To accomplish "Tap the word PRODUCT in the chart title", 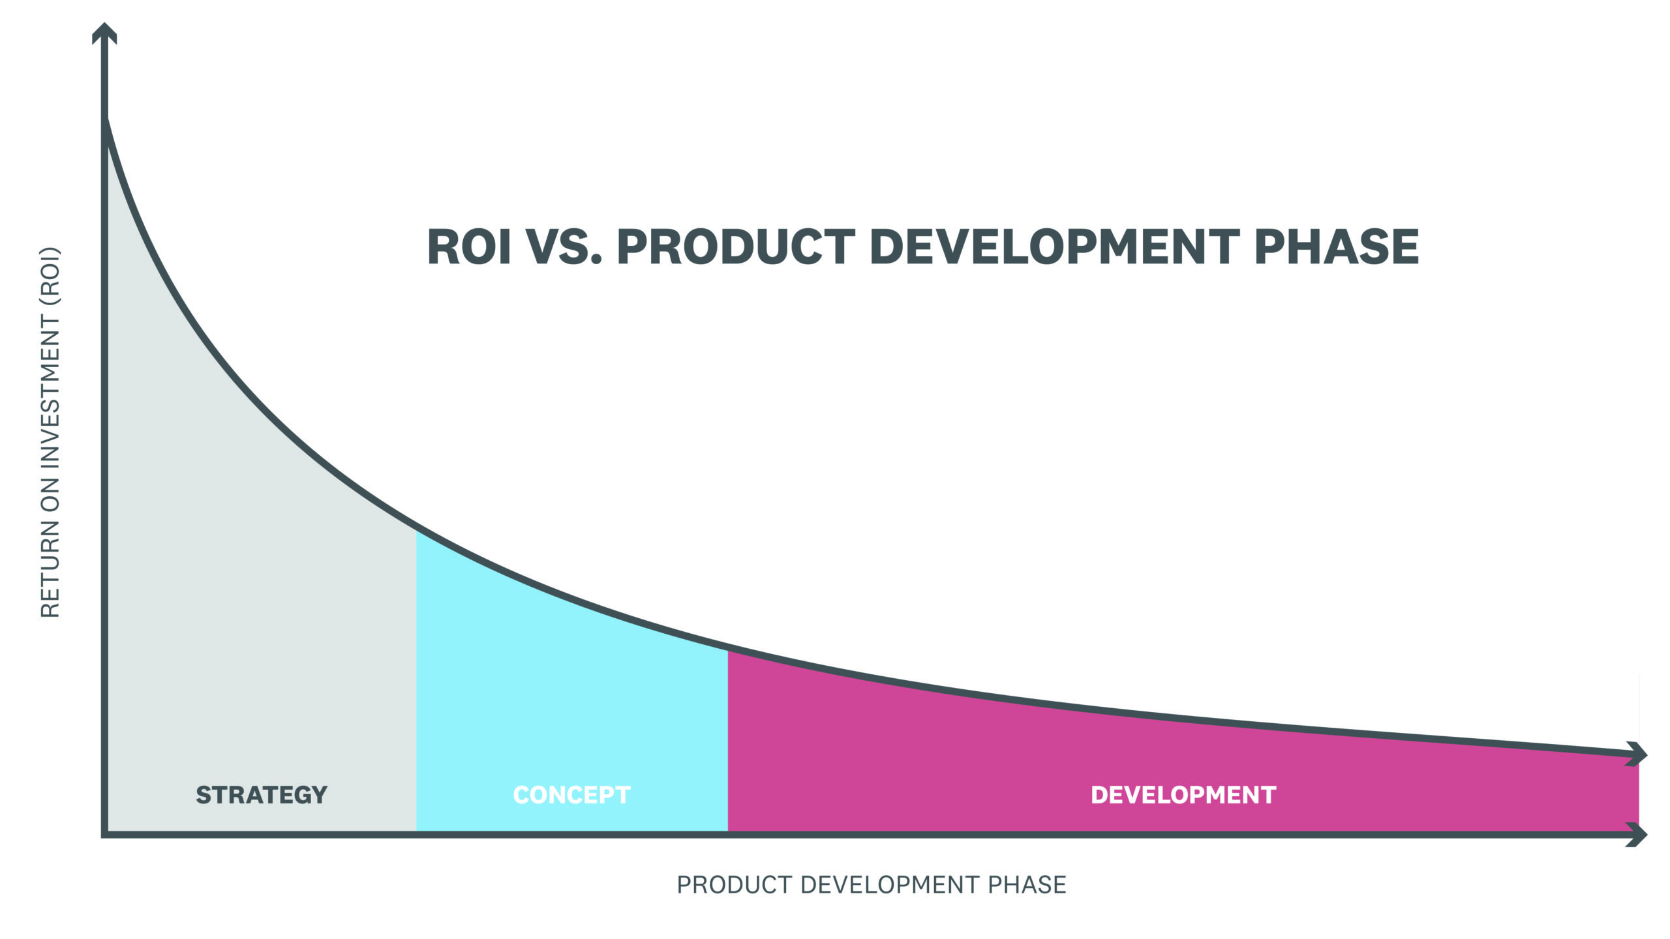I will point(735,247).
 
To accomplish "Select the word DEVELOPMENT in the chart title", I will point(1054,247).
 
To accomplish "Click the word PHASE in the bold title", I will point(1336,247).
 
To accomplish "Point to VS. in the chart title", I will point(563,247).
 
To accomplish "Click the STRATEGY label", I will point(262,795).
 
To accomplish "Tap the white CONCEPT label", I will point(571,795).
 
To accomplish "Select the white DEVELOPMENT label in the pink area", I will point(1183,795).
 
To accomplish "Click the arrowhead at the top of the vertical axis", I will point(104,33).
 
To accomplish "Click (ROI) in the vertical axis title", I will point(50,276).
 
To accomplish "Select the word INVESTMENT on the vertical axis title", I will point(50,391).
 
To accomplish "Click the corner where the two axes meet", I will point(104,834).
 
